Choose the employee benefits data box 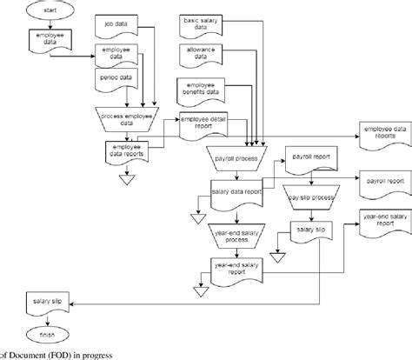[x=202, y=88]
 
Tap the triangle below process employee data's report [x=127, y=181]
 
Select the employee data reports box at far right [x=382, y=131]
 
